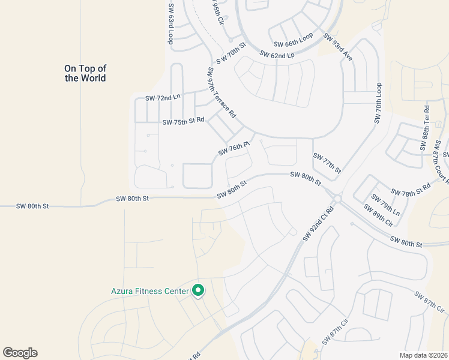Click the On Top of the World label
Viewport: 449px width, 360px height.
tap(85, 73)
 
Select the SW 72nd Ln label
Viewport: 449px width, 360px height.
tap(163, 97)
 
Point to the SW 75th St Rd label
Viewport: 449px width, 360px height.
tap(183, 121)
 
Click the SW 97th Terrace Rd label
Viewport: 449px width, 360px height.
tap(221, 92)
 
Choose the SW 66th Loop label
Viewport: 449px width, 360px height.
tap(294, 41)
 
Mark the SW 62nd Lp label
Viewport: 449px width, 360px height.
tap(277, 55)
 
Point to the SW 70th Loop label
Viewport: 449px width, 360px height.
tap(378, 103)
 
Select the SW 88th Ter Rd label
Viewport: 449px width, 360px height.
tap(426, 127)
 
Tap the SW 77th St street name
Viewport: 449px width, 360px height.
tap(327, 163)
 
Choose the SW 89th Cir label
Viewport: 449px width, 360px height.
tap(378, 215)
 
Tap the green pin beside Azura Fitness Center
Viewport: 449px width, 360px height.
tap(198, 291)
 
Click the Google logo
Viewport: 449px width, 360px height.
tap(20, 353)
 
